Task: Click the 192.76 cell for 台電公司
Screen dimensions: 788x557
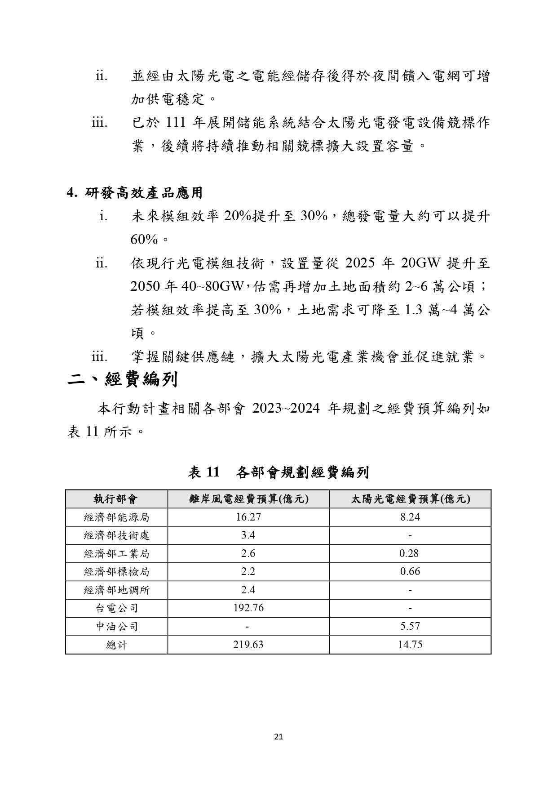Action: (248, 608)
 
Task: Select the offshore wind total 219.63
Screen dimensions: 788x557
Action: (248, 645)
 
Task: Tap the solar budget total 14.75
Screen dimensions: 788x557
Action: (410, 645)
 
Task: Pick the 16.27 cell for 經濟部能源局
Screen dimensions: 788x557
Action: (248, 517)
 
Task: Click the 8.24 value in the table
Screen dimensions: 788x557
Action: (410, 517)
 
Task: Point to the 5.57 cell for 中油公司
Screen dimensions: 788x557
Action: (410, 626)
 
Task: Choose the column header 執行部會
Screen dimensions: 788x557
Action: (116, 499)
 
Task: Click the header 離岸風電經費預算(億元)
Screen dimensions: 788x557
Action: (248, 499)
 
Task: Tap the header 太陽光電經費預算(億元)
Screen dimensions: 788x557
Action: (410, 499)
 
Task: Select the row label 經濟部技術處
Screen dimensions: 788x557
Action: (116, 535)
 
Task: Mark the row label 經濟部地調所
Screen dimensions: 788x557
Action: (116, 590)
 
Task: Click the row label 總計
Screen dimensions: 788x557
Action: (116, 645)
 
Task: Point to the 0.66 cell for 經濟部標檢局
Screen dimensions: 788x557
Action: (410, 572)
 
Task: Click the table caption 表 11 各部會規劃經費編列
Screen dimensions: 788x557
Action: (278, 472)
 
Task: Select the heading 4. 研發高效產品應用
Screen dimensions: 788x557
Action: (135, 193)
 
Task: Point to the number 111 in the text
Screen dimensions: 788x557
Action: (176, 123)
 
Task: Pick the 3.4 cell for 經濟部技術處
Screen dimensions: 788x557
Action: (248, 535)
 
